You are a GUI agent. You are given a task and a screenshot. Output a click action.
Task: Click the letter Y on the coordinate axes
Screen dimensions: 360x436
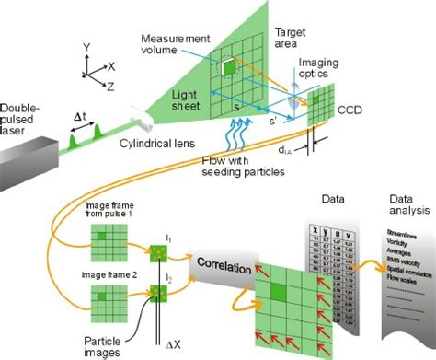pyautogui.click(x=84, y=43)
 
